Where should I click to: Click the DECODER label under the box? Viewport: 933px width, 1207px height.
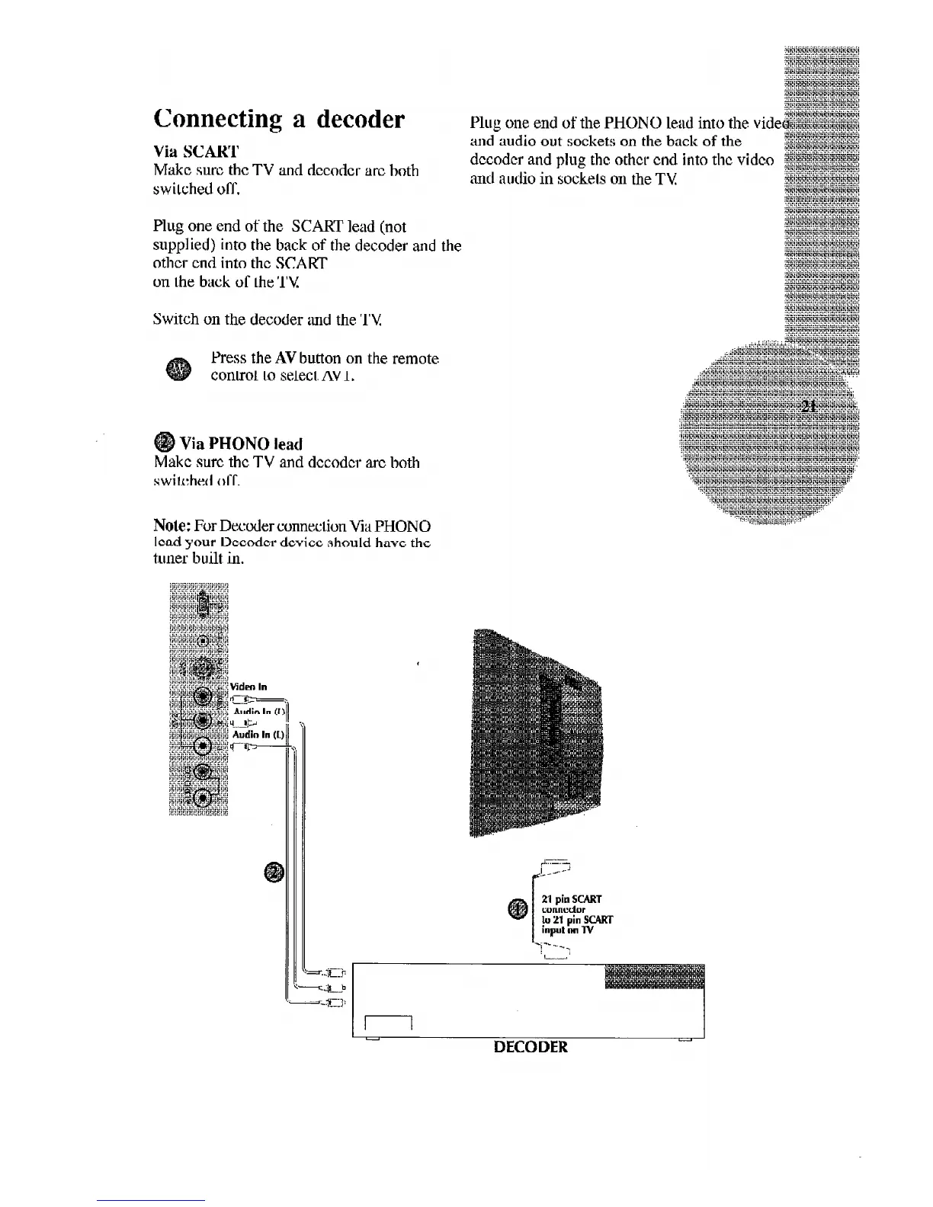point(531,1047)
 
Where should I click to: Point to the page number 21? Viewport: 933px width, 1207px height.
point(810,405)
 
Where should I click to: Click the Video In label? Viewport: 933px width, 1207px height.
point(249,686)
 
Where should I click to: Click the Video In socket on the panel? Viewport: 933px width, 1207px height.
point(202,696)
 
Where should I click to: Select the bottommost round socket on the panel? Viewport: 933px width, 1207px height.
point(202,798)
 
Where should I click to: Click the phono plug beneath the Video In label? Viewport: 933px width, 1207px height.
point(243,699)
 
